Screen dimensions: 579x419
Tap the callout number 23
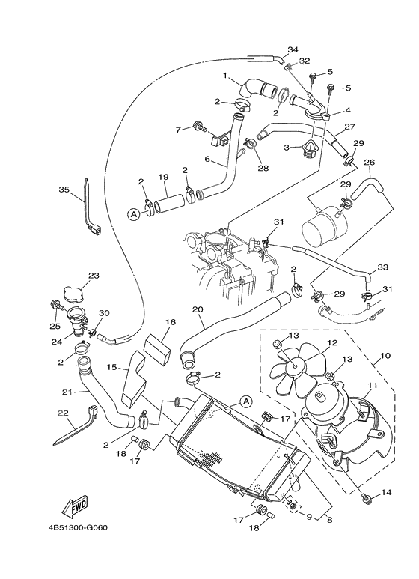coord(93,275)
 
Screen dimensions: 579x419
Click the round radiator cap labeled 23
coord(75,293)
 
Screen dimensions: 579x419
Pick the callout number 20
coord(198,309)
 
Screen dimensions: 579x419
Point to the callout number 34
coord(292,49)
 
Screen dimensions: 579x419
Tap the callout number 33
coord(382,267)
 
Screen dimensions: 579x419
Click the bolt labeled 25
coord(55,304)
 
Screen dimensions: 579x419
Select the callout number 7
coord(178,129)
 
